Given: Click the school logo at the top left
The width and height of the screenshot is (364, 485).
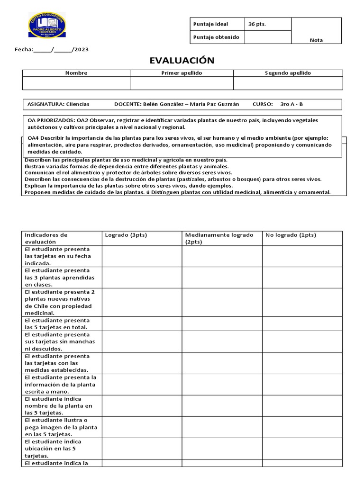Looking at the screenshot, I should pos(47,25).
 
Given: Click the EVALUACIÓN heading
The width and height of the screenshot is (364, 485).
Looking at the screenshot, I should pos(182,60).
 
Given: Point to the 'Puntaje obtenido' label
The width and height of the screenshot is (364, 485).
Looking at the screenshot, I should pos(216,37).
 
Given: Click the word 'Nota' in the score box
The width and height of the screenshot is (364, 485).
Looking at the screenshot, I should pos(316,40).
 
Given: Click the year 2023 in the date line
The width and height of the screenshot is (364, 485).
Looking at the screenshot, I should pos(82,49).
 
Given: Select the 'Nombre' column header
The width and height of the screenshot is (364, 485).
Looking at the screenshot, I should pos(76,73).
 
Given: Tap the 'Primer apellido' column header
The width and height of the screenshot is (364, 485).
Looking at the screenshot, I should pos(182,73).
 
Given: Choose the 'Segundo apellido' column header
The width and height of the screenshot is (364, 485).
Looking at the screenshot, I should pos(288,73).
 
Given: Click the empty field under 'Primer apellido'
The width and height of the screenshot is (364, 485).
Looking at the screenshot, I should pos(182,83).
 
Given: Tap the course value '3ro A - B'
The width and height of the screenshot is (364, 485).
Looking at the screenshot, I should pos(291,104).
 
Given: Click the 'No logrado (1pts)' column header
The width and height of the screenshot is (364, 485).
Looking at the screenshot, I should pos(291,235).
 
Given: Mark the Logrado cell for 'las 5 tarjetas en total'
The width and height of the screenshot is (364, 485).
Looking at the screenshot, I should pos(142,323).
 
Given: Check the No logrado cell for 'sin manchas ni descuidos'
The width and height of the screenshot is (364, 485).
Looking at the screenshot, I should pos(302,341).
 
